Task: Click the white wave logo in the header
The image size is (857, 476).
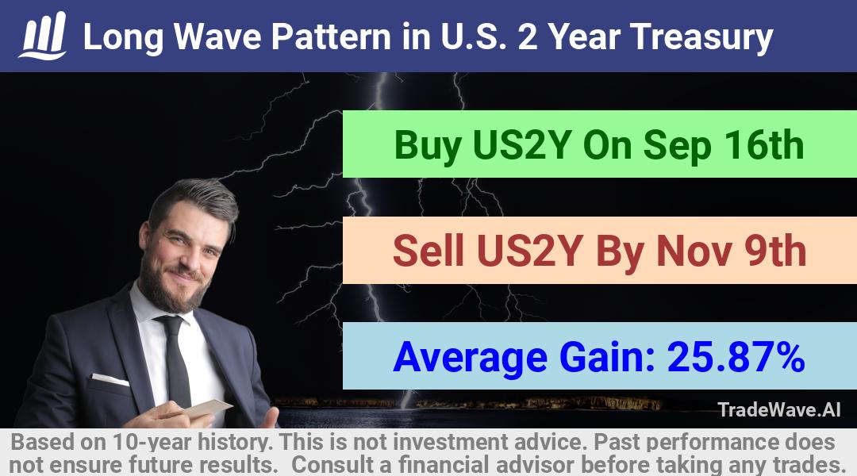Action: [43, 36]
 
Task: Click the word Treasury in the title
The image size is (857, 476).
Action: [701, 37]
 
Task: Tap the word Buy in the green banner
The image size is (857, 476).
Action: [428, 146]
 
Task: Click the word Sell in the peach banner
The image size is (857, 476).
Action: [428, 251]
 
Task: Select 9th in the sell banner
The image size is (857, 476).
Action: [775, 251]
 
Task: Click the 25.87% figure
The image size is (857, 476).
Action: [736, 357]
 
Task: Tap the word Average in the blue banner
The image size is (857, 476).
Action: [470, 358]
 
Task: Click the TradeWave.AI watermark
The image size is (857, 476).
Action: [779, 409]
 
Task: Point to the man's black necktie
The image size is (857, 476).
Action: [176, 361]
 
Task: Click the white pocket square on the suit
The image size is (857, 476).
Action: [110, 378]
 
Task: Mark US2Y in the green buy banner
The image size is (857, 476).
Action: [522, 145]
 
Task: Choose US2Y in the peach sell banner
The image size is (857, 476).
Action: [528, 251]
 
